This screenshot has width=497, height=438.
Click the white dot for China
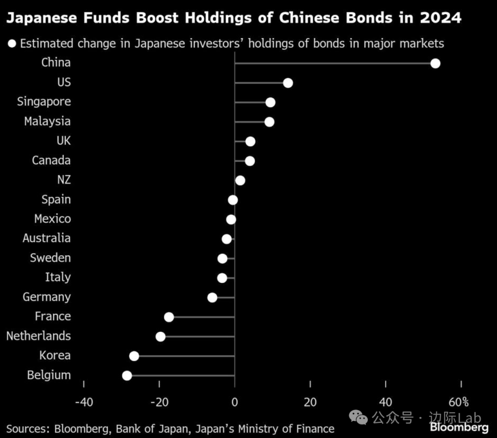click(435, 63)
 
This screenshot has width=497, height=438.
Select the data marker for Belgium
click(127, 375)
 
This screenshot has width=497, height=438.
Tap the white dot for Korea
click(134, 356)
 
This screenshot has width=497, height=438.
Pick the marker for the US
click(288, 83)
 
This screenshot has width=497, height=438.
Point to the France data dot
click(169, 317)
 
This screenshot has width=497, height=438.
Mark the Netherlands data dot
click(161, 336)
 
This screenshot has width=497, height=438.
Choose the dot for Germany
click(212, 297)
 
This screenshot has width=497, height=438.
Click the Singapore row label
click(44, 102)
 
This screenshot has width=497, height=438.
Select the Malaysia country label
click(47, 121)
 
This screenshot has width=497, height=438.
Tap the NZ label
click(64, 180)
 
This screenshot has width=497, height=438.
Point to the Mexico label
click(52, 219)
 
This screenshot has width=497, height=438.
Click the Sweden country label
click(51, 258)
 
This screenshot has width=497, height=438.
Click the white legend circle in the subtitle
click(12, 44)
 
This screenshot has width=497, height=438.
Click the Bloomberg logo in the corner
click(459, 427)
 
